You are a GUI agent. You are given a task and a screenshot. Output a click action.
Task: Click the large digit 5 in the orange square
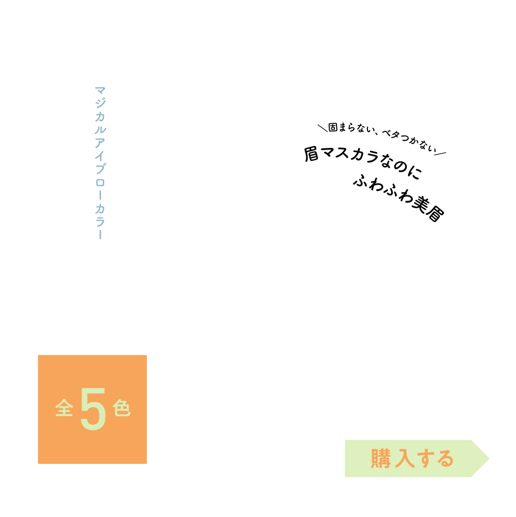tap(93, 409)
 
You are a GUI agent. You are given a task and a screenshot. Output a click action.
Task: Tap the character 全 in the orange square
tap(64, 409)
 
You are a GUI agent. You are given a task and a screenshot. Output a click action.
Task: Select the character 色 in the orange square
tap(122, 409)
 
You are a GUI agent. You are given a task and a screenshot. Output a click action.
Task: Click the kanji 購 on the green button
tap(381, 459)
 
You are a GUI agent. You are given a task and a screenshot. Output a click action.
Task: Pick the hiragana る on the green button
tap(444, 459)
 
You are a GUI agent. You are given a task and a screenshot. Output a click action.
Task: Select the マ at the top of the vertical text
tap(100, 90)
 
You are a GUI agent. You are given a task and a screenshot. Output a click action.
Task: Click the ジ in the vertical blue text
tap(100, 103)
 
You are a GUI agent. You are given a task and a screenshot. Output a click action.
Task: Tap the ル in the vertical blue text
tap(100, 130)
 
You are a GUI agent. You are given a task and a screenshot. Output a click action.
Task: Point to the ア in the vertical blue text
tap(100, 143)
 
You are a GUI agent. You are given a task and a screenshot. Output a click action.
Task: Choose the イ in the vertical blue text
tap(100, 156)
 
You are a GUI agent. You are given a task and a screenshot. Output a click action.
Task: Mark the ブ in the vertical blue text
tap(100, 169)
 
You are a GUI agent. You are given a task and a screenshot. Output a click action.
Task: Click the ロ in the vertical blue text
tap(100, 182)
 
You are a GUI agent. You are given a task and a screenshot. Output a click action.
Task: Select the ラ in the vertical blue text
tap(100, 222)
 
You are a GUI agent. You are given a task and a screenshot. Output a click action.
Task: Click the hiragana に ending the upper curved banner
tap(415, 173)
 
